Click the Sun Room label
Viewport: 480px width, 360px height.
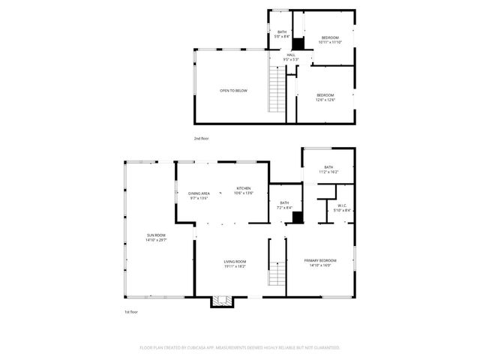pos(156,235)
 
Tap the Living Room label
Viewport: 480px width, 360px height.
pos(235,261)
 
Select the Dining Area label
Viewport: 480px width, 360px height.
pos(198,193)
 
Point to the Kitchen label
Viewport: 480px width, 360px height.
pos(244,188)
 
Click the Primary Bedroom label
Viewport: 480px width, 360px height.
pos(320,260)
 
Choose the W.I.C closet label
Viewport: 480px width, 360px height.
pos(341,205)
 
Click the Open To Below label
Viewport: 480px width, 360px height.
pos(233,91)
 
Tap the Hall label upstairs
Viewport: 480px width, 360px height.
pos(291,55)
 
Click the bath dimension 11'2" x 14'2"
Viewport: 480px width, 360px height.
pos(328,172)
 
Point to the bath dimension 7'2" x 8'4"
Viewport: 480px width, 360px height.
pos(284,208)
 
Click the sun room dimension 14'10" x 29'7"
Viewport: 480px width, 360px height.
pos(156,241)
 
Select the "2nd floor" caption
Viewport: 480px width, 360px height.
pos(201,139)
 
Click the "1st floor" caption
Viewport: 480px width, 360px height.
pos(131,311)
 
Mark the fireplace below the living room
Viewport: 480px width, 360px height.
pos(221,301)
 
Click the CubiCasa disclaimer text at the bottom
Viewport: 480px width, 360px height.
pos(240,348)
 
